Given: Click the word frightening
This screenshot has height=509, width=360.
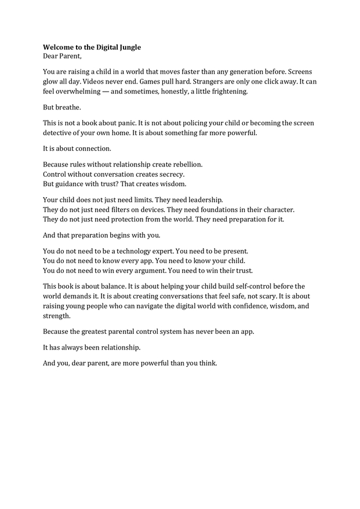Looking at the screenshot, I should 230,92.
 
